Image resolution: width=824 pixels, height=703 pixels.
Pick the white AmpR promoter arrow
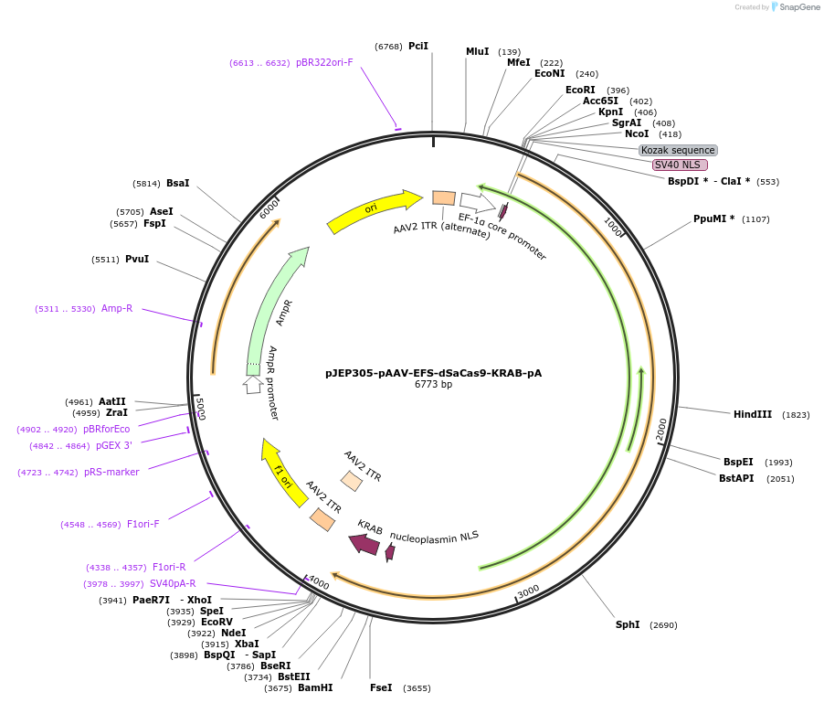click(252, 385)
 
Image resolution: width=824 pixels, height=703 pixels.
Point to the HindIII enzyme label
click(752, 414)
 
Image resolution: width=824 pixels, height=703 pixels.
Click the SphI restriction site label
click(628, 625)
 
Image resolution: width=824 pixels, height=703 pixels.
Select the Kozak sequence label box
click(678, 150)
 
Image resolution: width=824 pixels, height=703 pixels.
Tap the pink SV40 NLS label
click(680, 165)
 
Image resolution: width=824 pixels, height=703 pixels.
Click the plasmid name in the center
click(433, 373)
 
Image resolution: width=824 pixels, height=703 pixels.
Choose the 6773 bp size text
click(433, 385)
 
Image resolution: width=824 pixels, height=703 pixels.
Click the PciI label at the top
click(418, 46)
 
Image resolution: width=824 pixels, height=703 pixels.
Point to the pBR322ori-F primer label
click(324, 62)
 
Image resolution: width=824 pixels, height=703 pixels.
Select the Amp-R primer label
click(117, 308)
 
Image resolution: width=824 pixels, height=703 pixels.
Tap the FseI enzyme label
click(381, 687)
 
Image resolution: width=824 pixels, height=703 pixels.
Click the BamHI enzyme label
click(315, 687)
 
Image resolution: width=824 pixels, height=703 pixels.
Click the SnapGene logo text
click(798, 7)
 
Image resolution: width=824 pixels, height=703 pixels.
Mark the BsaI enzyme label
click(178, 183)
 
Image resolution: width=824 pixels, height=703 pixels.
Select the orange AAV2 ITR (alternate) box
click(444, 197)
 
